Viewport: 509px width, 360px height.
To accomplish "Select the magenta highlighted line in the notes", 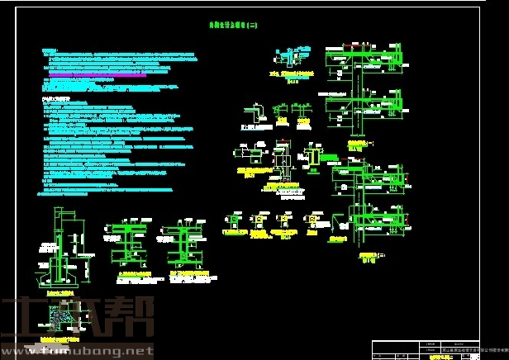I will (98, 74).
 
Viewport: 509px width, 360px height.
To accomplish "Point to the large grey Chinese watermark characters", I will (78, 318).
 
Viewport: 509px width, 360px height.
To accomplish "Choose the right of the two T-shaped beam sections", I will (183, 239).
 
